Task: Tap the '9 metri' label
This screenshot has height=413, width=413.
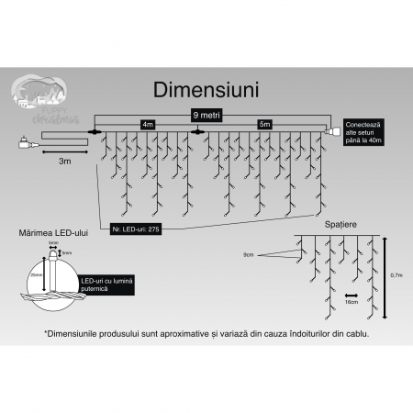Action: coord(206,115)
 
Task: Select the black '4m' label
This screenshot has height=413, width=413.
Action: coord(147,124)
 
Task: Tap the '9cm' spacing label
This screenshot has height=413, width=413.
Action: coord(249,254)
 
